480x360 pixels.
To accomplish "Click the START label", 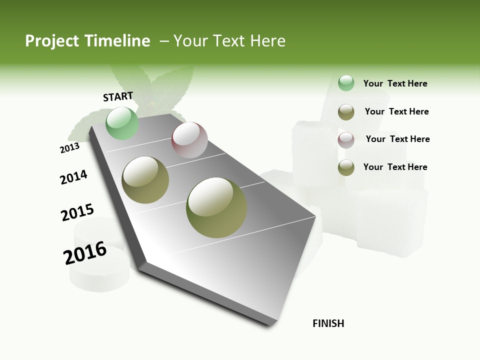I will click(x=118, y=96).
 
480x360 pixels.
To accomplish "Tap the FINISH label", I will click(x=328, y=323).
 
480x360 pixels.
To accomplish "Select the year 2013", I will click(x=69, y=147).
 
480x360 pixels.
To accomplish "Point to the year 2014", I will click(x=73, y=177).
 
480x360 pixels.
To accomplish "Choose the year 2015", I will click(x=77, y=212).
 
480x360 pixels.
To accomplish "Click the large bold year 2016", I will click(x=85, y=253).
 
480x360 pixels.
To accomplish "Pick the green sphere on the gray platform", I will click(x=122, y=123).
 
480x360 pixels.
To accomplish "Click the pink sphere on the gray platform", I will click(x=189, y=140).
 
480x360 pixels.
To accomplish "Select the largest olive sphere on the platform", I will click(x=216, y=207).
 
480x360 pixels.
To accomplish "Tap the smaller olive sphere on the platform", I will click(x=145, y=180).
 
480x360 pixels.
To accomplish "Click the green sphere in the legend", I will click(x=346, y=83).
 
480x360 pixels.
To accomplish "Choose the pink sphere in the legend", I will click(x=346, y=140).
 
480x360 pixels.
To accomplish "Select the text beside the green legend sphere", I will click(x=395, y=83).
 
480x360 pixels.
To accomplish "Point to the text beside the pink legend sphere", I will click(x=397, y=139).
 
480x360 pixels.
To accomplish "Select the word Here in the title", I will click(x=267, y=41).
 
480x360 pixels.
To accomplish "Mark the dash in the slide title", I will click(x=164, y=41).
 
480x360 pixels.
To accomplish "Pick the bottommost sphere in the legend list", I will click(x=346, y=167).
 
